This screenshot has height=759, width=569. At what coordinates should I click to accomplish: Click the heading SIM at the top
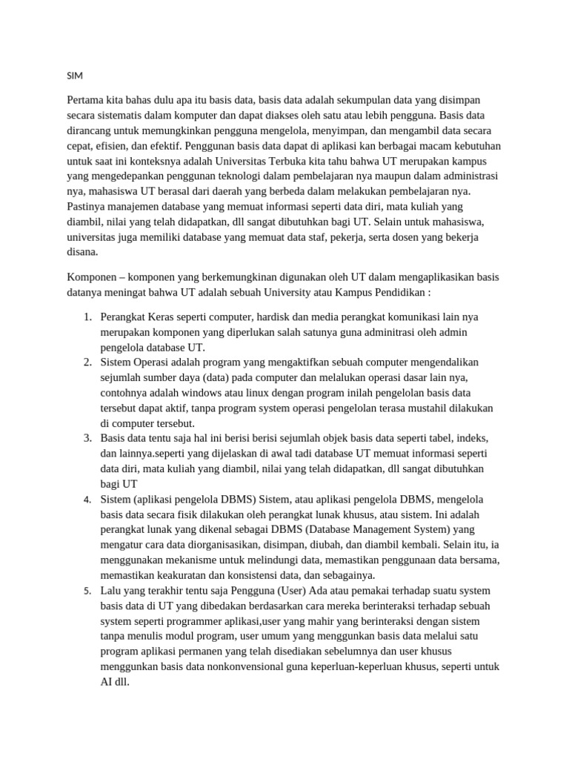(x=74, y=76)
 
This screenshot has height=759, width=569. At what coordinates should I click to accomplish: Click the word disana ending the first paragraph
(x=81, y=251)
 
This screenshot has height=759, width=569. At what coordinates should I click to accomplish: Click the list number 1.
(x=87, y=317)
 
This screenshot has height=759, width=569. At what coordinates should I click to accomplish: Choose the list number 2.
(x=87, y=362)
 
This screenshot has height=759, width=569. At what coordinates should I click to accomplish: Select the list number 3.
(x=87, y=438)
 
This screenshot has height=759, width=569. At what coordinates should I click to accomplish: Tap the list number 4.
(x=87, y=500)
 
